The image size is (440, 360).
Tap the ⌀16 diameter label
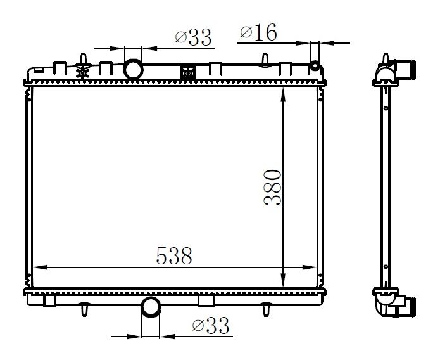coord(259,34)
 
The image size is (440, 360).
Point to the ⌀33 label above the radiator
coord(192,38)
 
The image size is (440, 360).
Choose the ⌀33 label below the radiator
coord(210,326)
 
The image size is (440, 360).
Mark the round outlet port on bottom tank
coord(151,307)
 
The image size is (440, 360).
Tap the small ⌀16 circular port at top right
coord(315,67)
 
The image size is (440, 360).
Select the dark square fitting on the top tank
coord(188,72)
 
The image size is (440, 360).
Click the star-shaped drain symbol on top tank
coord(81,72)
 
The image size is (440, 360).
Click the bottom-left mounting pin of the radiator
coord(83,310)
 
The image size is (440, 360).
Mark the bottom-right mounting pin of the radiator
coord(267,310)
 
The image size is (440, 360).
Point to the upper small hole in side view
coord(384,108)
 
